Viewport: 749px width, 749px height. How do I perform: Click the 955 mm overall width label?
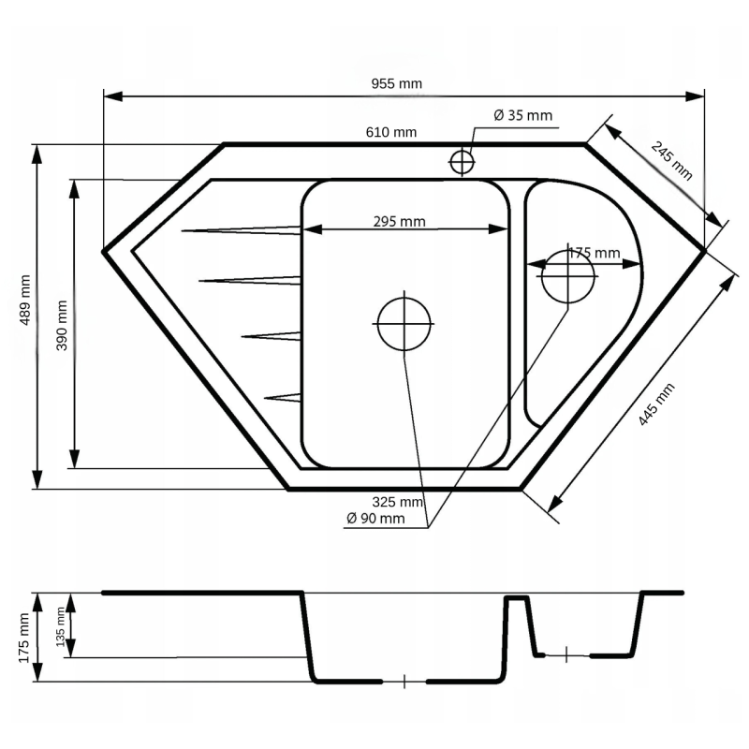403,83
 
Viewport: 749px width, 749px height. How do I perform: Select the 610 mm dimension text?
390,132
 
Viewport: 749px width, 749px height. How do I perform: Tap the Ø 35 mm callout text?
522,115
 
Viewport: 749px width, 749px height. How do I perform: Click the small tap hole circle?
463,162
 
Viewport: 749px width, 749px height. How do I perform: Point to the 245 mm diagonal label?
671,159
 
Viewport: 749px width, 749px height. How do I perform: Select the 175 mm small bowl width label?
594,253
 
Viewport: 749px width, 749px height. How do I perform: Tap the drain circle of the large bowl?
404,322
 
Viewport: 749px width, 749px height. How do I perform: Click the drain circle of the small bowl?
568,276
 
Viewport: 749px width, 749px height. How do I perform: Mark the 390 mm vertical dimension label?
62,325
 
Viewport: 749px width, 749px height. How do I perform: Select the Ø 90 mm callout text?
374,519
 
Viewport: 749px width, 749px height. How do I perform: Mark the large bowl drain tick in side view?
404,682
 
